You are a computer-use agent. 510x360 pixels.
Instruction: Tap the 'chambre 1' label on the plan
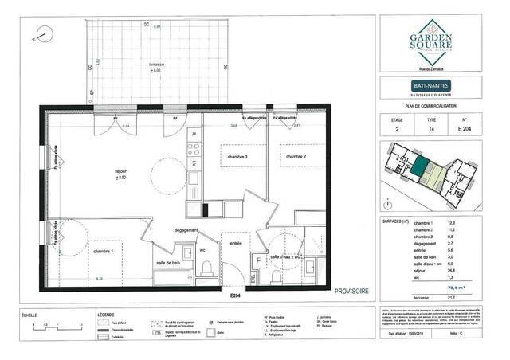[x=101, y=252]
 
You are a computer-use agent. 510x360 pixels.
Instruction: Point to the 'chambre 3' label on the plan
[x=234, y=157]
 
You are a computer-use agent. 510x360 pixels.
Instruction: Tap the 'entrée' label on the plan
[x=237, y=243]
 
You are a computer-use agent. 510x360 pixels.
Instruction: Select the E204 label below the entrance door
[x=235, y=295]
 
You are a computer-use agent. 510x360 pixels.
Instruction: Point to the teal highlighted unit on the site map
[x=419, y=167]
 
